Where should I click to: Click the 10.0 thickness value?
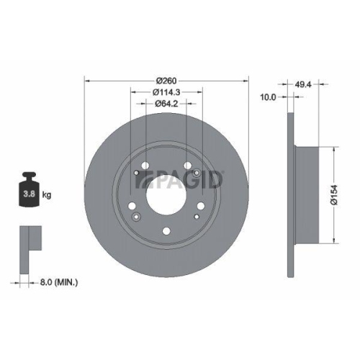pos(269,96)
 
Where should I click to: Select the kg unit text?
pos(47,194)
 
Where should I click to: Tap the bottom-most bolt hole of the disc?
pos(166,231)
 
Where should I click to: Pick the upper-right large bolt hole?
pos(187,166)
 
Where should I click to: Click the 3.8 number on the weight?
pos(28,194)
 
